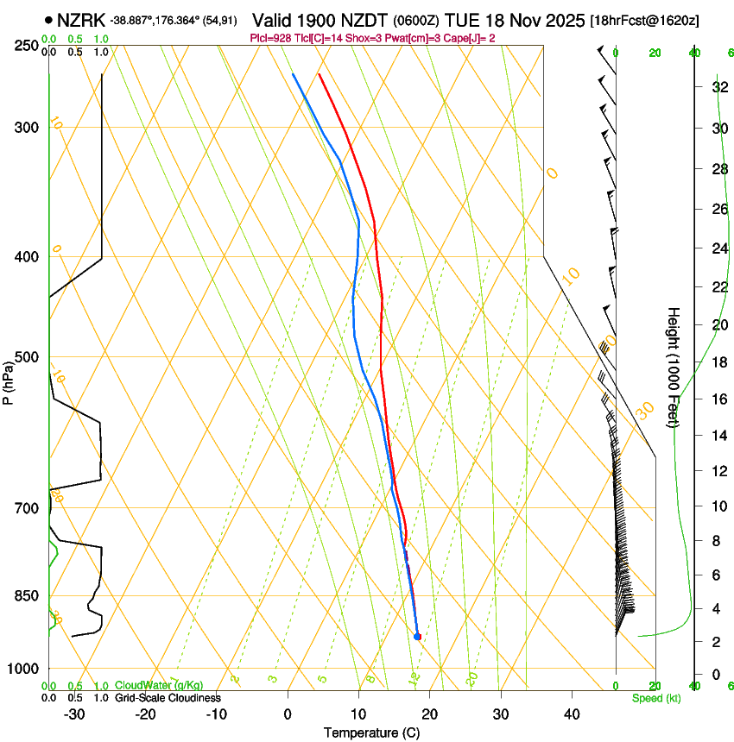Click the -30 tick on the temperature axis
(75, 714)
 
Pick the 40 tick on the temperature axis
(571, 714)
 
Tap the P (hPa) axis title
(8, 380)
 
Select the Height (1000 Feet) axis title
(674, 367)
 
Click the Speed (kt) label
(655, 698)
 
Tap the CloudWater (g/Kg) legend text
(160, 685)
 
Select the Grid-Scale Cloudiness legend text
(168, 697)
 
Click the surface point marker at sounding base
(417, 637)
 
